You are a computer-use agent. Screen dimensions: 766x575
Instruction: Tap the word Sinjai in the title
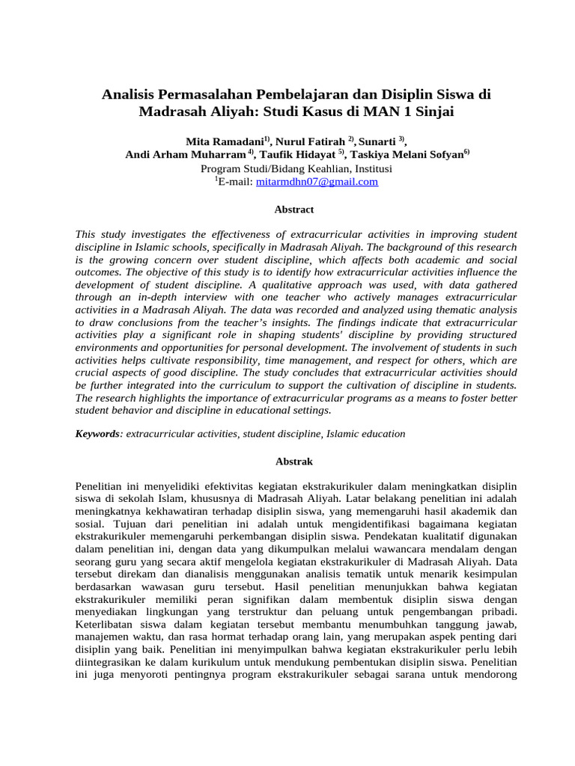coord(428,113)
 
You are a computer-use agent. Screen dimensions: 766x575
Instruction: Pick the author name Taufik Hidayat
coord(298,155)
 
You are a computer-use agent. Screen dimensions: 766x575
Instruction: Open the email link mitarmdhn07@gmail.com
coord(317,181)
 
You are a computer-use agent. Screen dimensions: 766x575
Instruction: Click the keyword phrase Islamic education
coord(367,434)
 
